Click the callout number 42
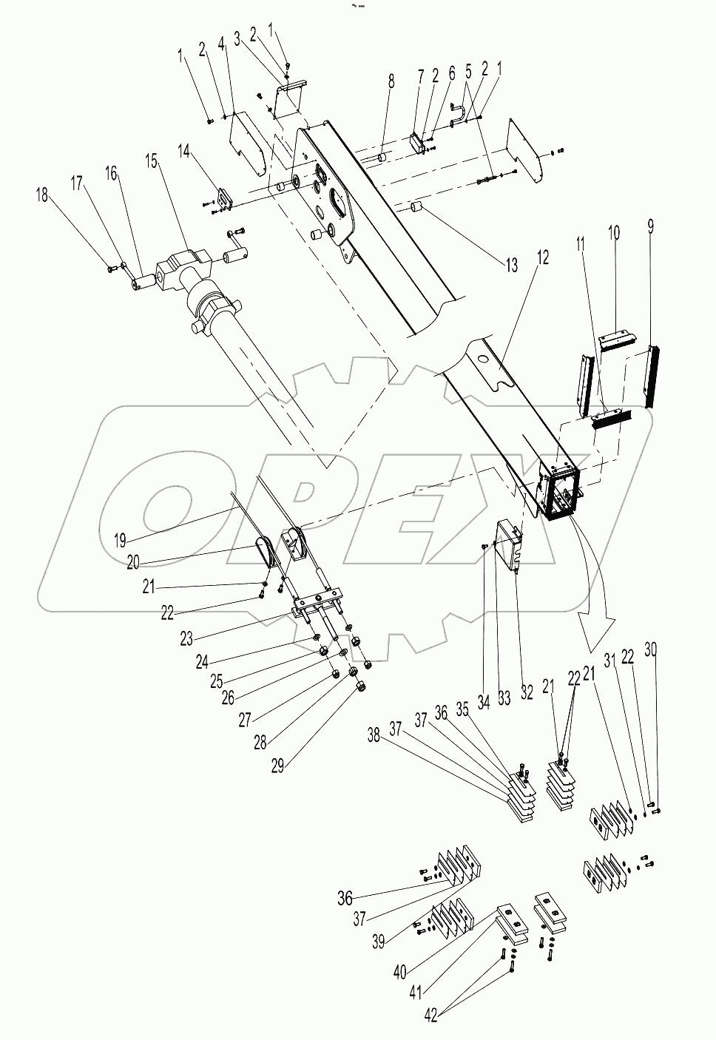[x=431, y=1016]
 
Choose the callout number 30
[x=651, y=649]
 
